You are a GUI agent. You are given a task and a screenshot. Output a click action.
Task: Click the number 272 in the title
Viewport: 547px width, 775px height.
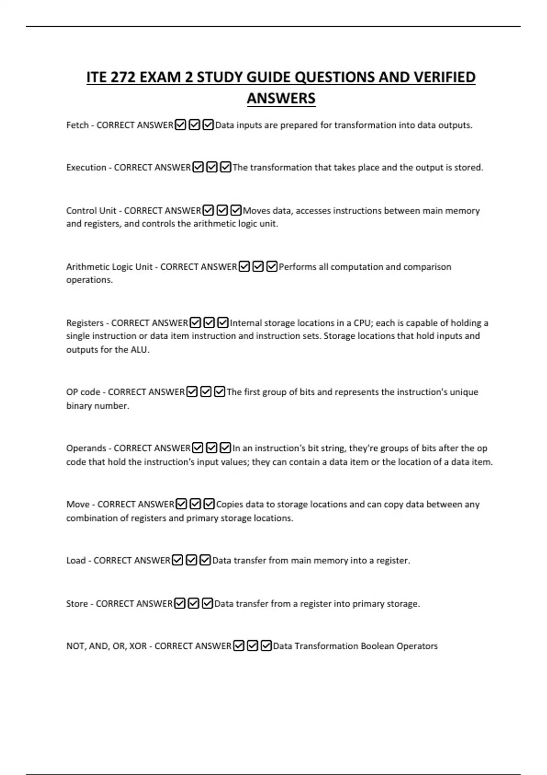[121, 77]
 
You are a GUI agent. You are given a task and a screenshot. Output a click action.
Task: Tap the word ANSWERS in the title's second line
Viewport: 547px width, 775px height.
[281, 98]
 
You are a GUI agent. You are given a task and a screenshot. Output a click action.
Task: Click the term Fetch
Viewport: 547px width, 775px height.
[77, 125]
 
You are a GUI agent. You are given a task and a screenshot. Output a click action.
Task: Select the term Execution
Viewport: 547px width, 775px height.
[86, 168]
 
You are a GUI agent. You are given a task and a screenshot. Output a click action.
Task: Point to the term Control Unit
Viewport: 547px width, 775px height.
[91, 211]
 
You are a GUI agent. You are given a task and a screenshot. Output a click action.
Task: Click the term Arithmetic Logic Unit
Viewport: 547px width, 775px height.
[109, 267]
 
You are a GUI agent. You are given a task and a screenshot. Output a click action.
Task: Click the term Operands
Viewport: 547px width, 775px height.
[86, 448]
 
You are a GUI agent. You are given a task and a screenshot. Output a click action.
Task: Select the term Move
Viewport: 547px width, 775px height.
[77, 504]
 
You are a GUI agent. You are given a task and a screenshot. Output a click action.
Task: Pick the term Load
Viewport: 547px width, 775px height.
[76, 560]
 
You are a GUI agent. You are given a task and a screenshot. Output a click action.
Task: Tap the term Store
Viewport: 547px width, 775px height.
[77, 604]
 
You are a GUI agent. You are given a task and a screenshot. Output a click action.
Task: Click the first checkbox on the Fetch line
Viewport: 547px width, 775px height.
[181, 125]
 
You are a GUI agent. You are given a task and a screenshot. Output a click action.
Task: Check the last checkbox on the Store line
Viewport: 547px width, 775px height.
[207, 604]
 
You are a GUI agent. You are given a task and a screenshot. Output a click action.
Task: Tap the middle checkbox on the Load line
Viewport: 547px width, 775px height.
[191, 560]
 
